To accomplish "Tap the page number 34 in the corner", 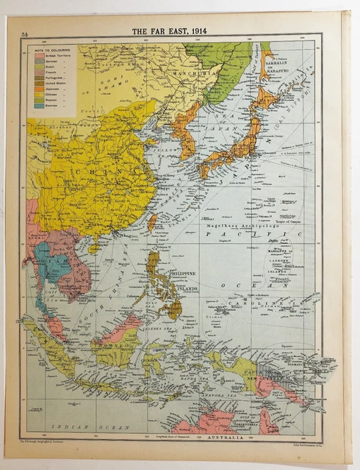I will tap(24, 34).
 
